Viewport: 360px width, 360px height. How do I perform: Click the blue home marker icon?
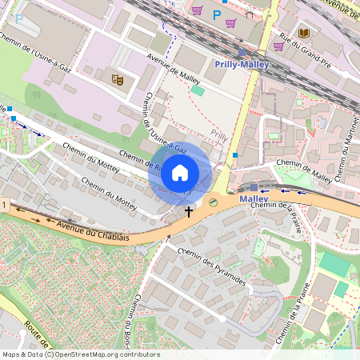[x=180, y=172]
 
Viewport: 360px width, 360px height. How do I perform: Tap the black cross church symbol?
[x=189, y=212]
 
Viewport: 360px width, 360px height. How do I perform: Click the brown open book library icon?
[x=304, y=33]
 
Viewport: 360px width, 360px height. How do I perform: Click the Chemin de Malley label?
[x=303, y=170]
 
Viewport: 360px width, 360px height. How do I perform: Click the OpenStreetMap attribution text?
[x=80, y=354]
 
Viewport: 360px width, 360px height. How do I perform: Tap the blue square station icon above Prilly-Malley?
[x=242, y=52]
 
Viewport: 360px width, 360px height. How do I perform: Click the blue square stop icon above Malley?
[x=254, y=186]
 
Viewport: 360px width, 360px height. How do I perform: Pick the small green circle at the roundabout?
[x=213, y=202]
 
